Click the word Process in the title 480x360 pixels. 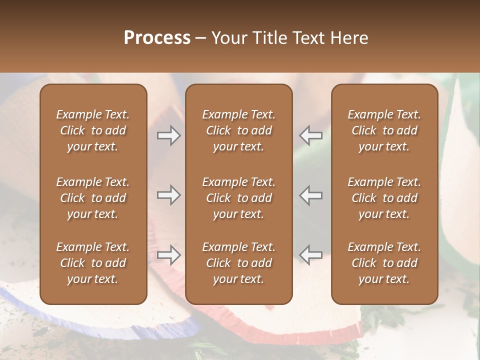157,38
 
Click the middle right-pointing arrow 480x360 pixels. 169,195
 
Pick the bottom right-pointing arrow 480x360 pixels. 169,255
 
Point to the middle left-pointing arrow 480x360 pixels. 311,195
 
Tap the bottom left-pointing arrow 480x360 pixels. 311,255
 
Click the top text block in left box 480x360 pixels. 93,130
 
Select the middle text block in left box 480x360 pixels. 93,198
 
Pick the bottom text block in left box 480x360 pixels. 93,263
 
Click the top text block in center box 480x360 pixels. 239,130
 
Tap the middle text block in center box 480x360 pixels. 239,198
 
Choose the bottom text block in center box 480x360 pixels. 239,263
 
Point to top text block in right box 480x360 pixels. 384,130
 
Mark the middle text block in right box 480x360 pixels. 384,198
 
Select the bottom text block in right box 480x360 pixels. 384,263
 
